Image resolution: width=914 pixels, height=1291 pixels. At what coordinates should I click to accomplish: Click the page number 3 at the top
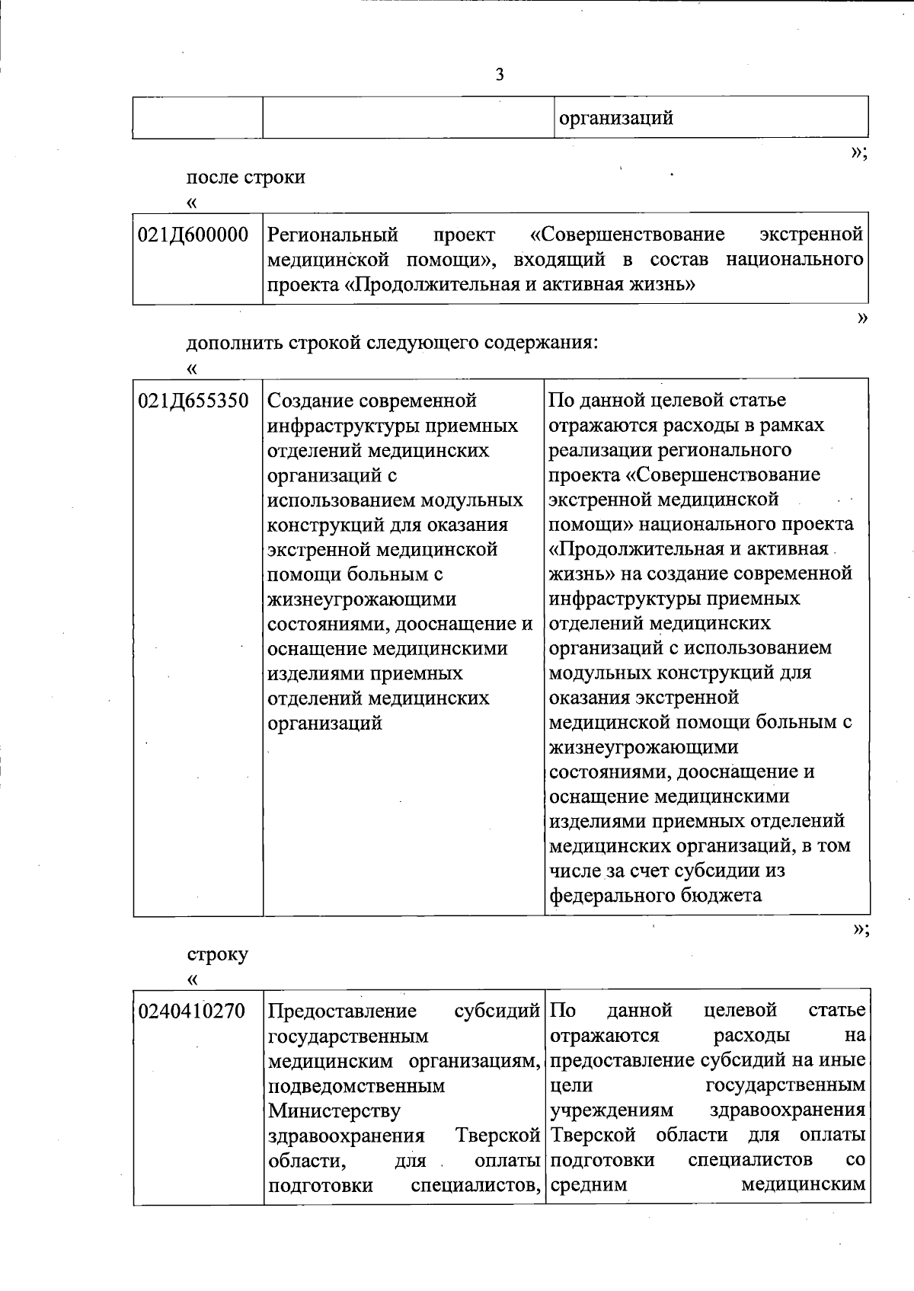click(500, 75)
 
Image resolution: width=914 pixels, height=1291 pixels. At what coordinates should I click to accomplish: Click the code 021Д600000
click(193, 235)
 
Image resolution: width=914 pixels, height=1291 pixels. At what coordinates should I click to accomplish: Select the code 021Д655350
click(193, 401)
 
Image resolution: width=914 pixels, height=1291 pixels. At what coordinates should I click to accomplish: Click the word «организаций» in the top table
click(615, 119)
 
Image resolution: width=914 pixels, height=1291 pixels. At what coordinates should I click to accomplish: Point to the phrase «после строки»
click(246, 177)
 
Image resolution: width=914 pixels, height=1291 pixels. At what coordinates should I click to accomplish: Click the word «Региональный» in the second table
click(334, 235)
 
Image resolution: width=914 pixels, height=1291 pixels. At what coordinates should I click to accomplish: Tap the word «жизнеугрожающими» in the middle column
click(362, 599)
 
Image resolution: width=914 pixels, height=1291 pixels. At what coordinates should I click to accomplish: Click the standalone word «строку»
click(218, 954)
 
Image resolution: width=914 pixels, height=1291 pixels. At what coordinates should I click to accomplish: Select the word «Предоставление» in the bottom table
click(343, 1011)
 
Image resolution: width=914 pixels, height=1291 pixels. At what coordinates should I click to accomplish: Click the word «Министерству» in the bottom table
click(334, 1111)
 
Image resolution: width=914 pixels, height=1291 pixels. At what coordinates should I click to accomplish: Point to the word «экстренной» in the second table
click(811, 235)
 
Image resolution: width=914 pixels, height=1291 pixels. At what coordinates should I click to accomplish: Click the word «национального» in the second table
click(794, 260)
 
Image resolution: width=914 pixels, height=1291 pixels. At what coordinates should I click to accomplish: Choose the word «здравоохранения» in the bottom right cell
click(787, 1111)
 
